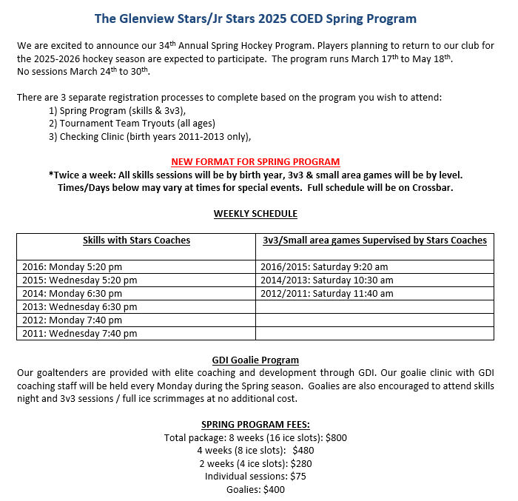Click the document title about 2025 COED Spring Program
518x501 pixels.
pyautogui.click(x=255, y=19)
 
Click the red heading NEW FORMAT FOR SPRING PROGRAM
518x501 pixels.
pyautogui.click(x=255, y=161)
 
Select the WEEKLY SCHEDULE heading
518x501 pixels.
pyautogui.click(x=255, y=214)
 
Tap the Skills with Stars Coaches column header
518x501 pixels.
pyautogui.click(x=136, y=241)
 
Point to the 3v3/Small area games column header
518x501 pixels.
pyautogui.click(x=374, y=241)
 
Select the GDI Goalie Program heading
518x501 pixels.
pyautogui.click(x=255, y=360)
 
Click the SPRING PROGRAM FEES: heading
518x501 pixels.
pyautogui.click(x=255, y=425)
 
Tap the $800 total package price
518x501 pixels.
pyautogui.click(x=334, y=437)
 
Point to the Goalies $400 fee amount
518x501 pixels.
pyautogui.click(x=274, y=489)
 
